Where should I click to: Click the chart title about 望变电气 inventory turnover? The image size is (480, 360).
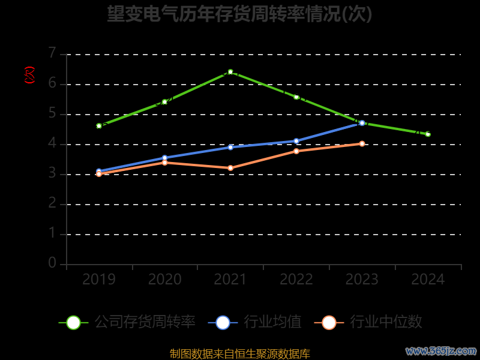click(240, 14)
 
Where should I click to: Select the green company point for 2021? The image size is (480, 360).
click(230, 72)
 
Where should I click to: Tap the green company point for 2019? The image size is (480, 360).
click(99, 126)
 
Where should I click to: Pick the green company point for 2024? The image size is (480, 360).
click(428, 134)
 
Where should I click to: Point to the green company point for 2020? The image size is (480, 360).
click(164, 102)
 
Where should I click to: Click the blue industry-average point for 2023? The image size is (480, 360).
click(362, 123)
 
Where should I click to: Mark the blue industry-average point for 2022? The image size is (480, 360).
click(296, 141)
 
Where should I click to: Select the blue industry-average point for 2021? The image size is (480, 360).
click(230, 147)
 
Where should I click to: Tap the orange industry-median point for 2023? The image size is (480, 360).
click(362, 143)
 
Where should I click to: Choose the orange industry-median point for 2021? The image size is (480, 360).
click(230, 168)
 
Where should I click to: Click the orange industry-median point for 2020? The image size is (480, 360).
click(164, 163)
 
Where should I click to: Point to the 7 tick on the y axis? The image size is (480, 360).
click(52, 53)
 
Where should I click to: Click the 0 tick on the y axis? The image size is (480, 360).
click(52, 263)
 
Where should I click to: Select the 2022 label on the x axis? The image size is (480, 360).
click(296, 280)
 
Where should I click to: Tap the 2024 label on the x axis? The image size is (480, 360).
click(428, 280)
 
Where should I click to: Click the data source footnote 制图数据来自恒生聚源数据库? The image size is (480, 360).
click(240, 354)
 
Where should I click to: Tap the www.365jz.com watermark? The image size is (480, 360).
click(441, 350)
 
